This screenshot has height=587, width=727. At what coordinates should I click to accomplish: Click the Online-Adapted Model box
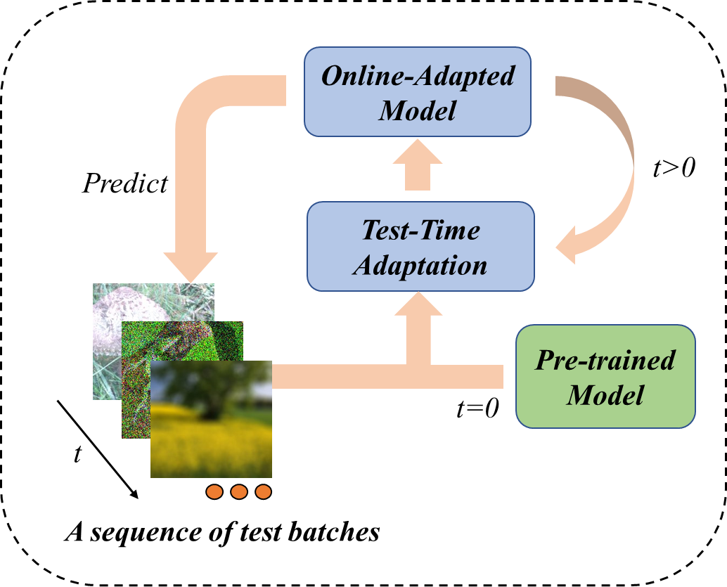pyautogui.click(x=417, y=92)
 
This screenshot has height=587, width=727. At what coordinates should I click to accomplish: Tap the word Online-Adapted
pyautogui.click(x=418, y=76)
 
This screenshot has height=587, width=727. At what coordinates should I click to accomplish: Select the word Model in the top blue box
pyautogui.click(x=418, y=110)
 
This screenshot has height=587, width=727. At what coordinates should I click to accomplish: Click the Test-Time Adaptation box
pyautogui.click(x=420, y=246)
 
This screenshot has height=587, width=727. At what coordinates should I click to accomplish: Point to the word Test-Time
pyautogui.click(x=420, y=230)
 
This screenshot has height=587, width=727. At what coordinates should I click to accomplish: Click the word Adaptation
pyautogui.click(x=420, y=265)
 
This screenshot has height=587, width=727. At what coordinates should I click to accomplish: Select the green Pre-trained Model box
pyautogui.click(x=605, y=376)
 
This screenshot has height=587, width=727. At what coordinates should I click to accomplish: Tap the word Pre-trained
pyautogui.click(x=605, y=360)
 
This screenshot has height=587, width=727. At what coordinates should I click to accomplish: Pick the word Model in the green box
pyautogui.click(x=605, y=394)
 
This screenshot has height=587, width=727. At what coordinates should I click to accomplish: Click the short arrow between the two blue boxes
pyautogui.click(x=418, y=165)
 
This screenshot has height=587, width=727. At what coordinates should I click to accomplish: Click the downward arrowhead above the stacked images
pyautogui.click(x=191, y=266)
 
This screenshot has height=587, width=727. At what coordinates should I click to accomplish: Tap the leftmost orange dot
pyautogui.click(x=214, y=492)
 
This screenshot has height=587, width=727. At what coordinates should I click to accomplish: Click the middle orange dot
pyautogui.click(x=239, y=492)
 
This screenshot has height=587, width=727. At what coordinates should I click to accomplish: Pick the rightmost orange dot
pyautogui.click(x=263, y=492)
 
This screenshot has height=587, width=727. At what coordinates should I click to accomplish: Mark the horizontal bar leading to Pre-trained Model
pyautogui.click(x=464, y=377)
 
